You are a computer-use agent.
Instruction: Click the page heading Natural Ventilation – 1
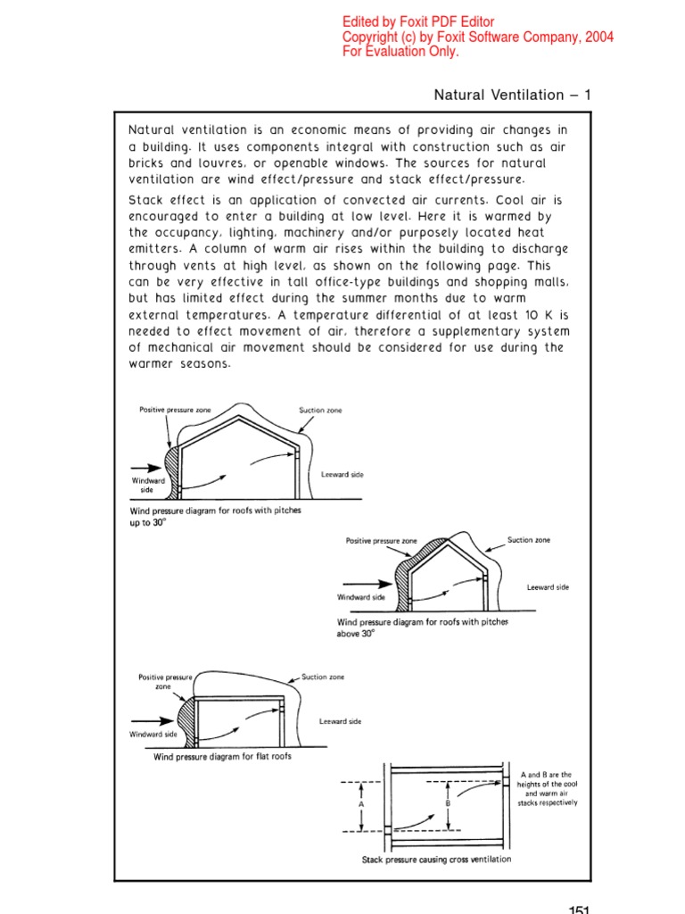point(512,95)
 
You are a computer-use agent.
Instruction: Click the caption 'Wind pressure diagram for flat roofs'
point(222,757)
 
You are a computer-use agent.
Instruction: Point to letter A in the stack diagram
point(361,803)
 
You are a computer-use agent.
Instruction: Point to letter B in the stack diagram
point(448,803)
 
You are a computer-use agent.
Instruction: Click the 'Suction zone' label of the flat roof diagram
point(323,677)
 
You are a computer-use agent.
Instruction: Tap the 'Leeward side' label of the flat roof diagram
point(340,721)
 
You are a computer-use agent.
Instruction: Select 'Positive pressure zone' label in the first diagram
point(172,410)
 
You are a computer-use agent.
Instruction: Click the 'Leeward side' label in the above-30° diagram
point(548,587)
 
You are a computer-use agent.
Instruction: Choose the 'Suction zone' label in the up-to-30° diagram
point(320,411)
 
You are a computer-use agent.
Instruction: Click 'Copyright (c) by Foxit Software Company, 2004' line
point(478,37)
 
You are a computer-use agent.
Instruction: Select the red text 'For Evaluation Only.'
point(400,52)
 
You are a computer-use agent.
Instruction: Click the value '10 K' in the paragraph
point(509,315)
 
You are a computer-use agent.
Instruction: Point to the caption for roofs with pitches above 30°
point(422,627)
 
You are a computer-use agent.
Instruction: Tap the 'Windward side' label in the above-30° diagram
point(361,596)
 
